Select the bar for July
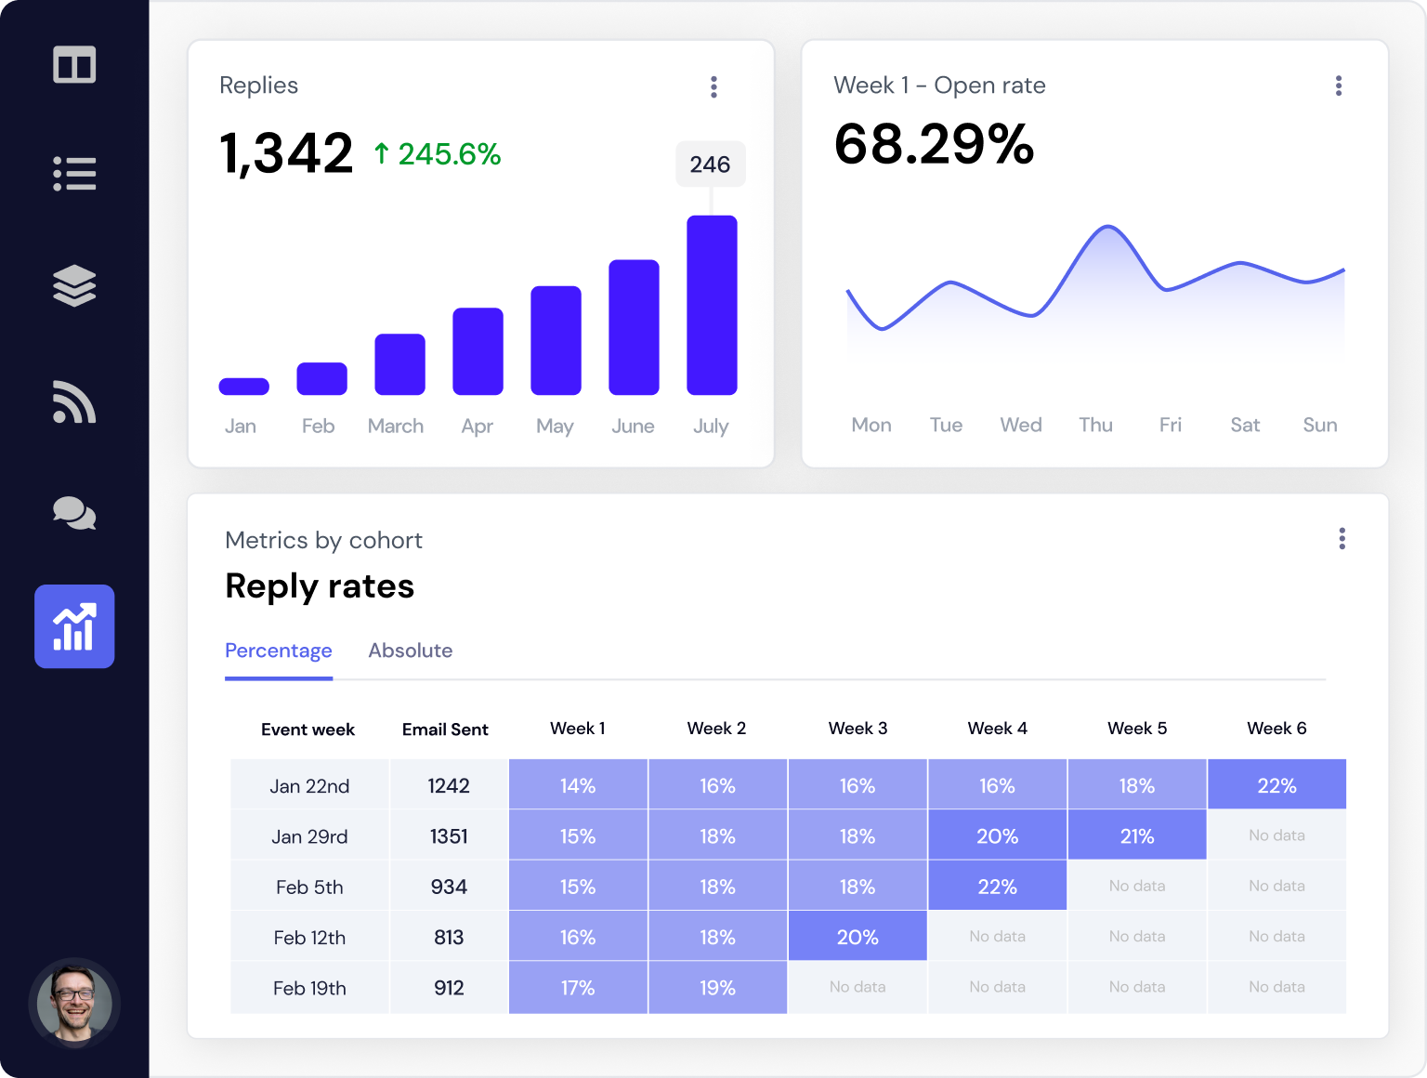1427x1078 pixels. coord(712,305)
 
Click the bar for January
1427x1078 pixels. coord(243,387)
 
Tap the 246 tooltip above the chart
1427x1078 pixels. coord(710,164)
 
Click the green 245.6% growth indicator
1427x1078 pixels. coord(438,154)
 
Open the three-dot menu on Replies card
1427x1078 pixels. coord(713,86)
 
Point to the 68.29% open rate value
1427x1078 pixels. coord(934,145)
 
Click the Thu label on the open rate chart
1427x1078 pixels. coord(1095,425)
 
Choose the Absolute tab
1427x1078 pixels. coord(410,651)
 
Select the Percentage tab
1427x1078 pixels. coord(278,651)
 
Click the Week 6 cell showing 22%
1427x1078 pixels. coord(1276,785)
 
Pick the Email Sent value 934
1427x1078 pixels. coord(449,887)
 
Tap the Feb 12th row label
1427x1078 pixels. coord(309,938)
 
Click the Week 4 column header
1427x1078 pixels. coord(997,729)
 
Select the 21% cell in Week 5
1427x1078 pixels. coord(1136,835)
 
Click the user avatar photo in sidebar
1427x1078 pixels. coord(74,1004)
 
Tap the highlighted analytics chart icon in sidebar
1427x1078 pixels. coord(74,626)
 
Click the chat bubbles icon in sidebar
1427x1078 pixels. coord(74,513)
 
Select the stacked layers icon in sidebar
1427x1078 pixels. coord(74,285)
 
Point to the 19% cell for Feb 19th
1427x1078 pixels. coord(717,988)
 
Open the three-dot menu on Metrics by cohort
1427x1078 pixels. coord(1342,539)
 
